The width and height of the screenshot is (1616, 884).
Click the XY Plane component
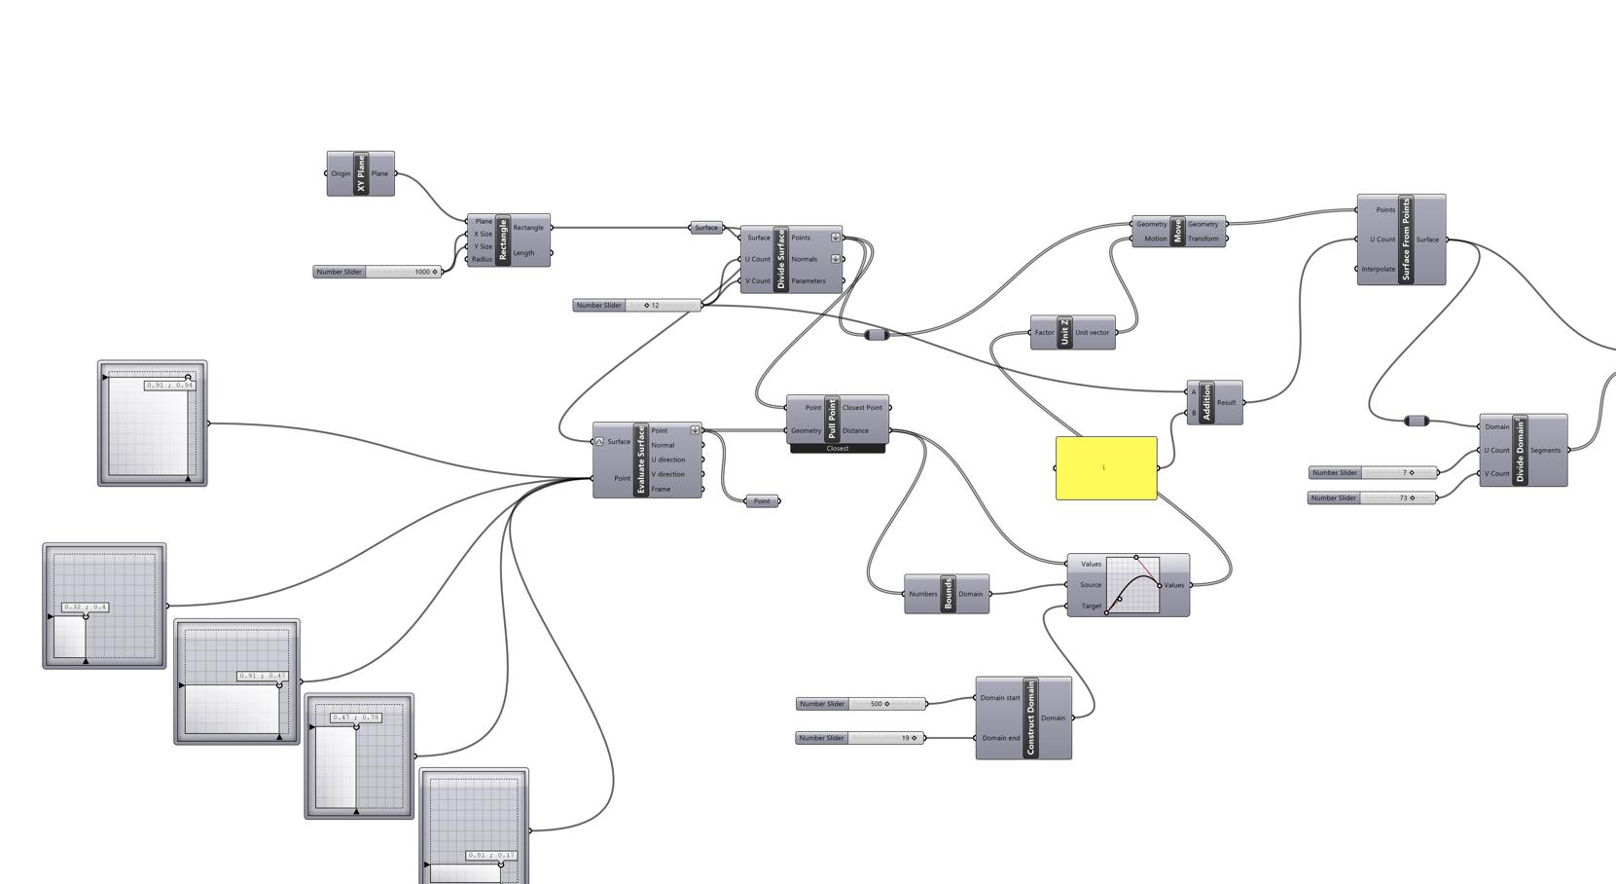coord(361,173)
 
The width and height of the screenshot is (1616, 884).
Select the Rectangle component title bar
coord(503,239)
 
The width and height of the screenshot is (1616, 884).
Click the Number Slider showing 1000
coord(377,272)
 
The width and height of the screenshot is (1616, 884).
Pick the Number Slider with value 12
coord(636,306)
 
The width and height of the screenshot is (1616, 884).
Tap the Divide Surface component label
coord(780,259)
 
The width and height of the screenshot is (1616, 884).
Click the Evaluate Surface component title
coord(641,460)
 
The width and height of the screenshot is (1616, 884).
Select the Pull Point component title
coord(832,419)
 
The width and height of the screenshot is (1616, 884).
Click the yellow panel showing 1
coord(1106,468)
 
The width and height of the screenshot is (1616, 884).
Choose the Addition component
coord(1207,402)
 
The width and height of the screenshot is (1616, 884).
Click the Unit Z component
coord(1065,332)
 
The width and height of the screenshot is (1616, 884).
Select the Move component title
coord(1177,231)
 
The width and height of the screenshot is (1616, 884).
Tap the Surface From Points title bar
coord(1405,239)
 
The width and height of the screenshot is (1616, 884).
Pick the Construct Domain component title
coord(1030,718)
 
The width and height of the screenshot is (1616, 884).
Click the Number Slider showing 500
coord(861,704)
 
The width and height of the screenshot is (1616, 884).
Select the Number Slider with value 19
coord(859,738)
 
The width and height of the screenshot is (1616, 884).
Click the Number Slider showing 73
coord(1373,498)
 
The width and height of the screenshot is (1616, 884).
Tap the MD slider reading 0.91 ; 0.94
coord(153,424)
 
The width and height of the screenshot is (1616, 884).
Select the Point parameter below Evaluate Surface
coord(762,501)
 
